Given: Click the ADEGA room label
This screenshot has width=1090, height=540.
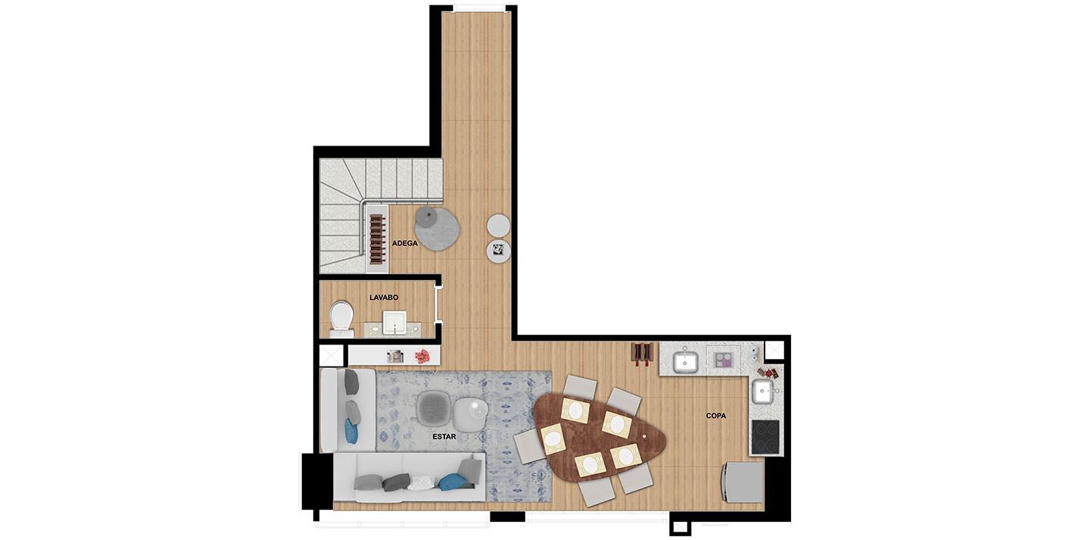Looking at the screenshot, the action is click(404, 243).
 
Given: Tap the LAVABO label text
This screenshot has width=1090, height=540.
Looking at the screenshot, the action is click(384, 298).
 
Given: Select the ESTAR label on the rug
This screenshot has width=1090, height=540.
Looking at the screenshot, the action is click(444, 437).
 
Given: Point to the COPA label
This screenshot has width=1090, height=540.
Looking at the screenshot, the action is click(716, 416).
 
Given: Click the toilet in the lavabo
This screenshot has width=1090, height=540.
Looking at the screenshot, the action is click(341, 318).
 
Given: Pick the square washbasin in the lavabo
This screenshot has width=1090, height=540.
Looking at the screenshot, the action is click(394, 323).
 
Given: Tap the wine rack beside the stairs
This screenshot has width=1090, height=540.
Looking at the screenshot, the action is click(377, 239).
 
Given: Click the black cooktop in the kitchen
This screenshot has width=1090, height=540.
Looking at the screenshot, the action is click(765, 436).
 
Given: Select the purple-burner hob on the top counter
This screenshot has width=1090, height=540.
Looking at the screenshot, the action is click(723, 361).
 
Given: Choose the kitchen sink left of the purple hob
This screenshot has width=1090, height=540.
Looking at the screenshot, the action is click(686, 361).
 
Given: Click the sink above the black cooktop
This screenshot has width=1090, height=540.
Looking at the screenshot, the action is click(763, 392).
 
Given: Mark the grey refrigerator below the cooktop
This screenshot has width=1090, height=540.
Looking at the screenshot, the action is click(743, 482).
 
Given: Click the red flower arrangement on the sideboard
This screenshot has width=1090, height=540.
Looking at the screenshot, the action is click(422, 357).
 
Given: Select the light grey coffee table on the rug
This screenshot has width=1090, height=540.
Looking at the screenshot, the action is click(471, 414).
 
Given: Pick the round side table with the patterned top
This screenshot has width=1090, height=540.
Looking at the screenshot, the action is click(499, 251).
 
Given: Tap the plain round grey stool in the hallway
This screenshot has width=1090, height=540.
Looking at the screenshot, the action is click(499, 226).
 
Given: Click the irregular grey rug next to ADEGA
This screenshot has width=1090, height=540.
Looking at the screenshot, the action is click(438, 229).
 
